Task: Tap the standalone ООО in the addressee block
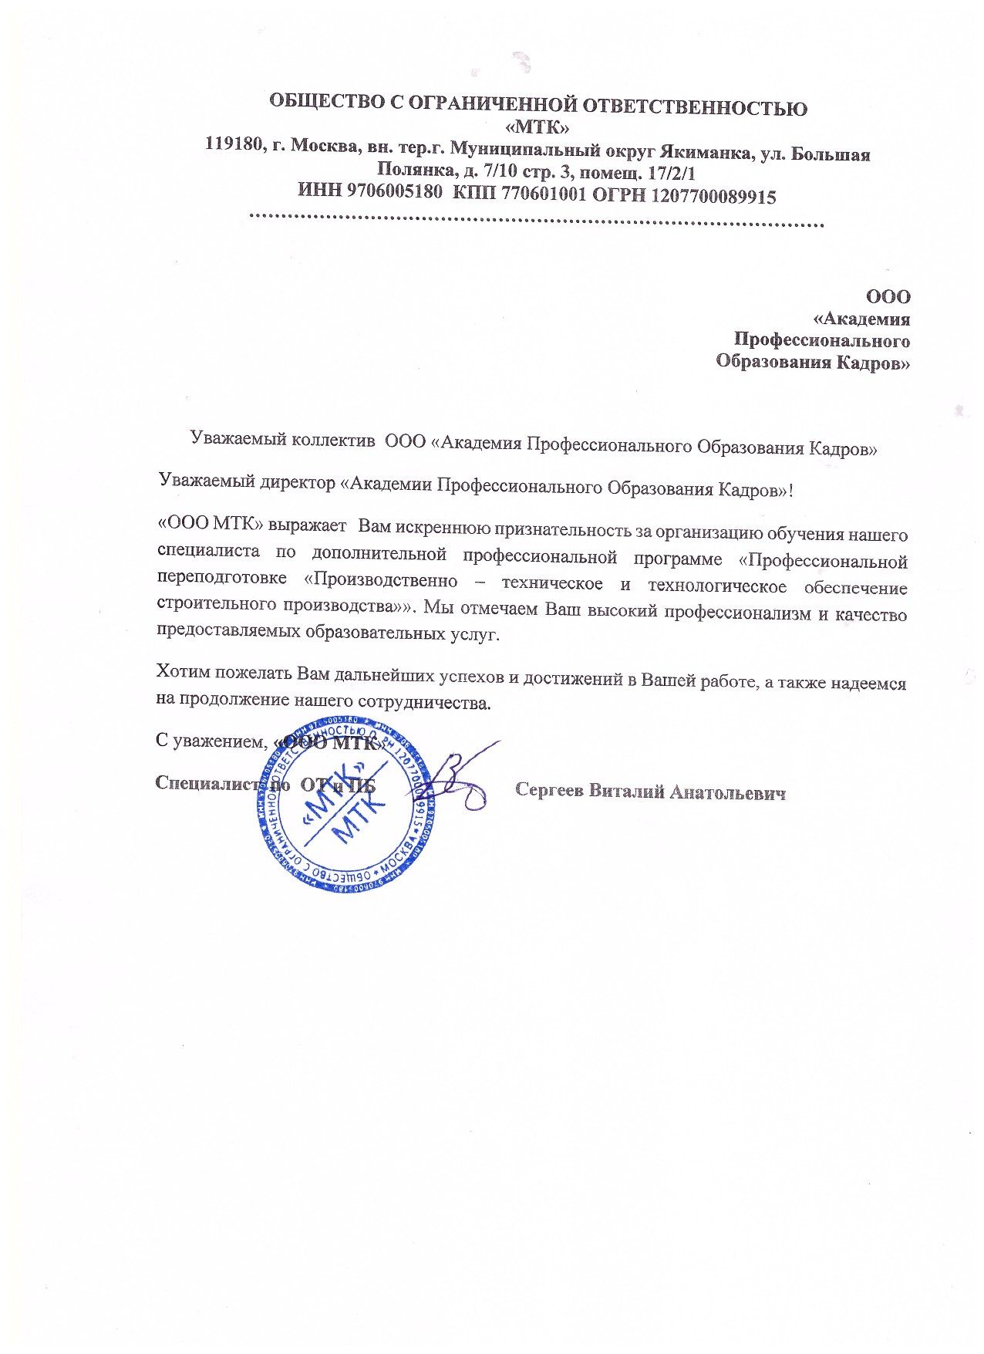click(888, 297)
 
